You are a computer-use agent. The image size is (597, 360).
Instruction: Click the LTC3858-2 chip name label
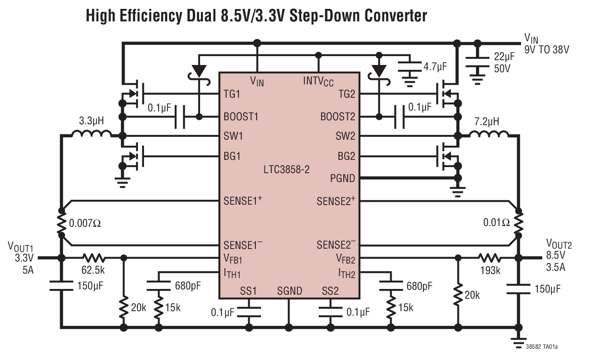tap(286, 170)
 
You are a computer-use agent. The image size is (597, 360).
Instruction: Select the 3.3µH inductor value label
tap(91, 121)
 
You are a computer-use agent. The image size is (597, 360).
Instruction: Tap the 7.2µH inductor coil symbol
tap(489, 134)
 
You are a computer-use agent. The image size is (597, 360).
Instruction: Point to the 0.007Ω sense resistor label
tap(85, 223)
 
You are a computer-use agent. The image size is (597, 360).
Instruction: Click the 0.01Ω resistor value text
tap(496, 222)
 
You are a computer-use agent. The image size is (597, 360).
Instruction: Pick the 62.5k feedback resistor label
tap(93, 270)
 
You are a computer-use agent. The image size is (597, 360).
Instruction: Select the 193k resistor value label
tap(490, 270)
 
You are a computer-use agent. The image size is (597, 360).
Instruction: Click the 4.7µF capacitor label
tap(435, 67)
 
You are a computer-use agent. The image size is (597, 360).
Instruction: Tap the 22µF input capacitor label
tap(504, 57)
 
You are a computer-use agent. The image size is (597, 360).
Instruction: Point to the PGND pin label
tap(342, 178)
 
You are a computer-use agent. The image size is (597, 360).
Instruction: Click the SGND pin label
tap(289, 291)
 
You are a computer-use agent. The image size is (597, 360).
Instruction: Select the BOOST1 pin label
tap(241, 117)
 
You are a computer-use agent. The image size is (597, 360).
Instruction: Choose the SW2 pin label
tap(345, 136)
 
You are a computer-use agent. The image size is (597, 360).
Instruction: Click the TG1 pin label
tap(232, 94)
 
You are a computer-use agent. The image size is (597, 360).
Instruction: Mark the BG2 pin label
tap(346, 156)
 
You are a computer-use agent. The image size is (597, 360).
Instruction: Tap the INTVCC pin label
tap(318, 81)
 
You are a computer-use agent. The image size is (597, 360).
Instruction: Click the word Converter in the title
tap(395, 16)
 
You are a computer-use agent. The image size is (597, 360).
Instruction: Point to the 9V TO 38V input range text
tap(547, 50)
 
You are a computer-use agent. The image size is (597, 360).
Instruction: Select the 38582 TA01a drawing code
tap(542, 347)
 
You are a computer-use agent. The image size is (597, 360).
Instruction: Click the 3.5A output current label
tap(555, 267)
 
